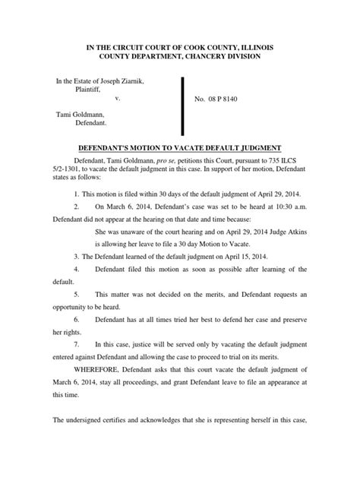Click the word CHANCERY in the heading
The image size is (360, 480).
point(226,58)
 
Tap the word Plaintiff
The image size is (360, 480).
point(90,90)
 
